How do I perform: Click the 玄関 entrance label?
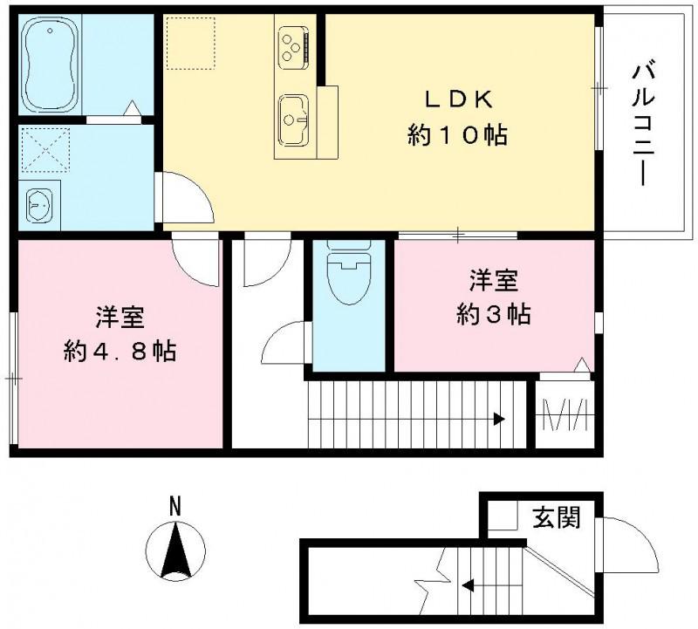[x=555, y=518]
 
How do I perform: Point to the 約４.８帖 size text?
[x=120, y=351]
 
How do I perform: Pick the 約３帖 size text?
[x=494, y=314]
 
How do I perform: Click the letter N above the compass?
[x=174, y=505]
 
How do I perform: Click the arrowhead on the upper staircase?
[x=498, y=419]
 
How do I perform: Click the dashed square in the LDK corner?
[x=189, y=42]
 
